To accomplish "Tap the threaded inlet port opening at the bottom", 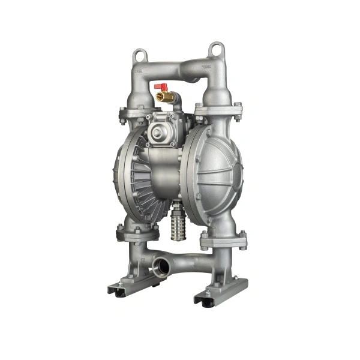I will [160, 265].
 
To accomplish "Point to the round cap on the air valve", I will [159, 133].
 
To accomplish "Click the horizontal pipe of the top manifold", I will [174, 71].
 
